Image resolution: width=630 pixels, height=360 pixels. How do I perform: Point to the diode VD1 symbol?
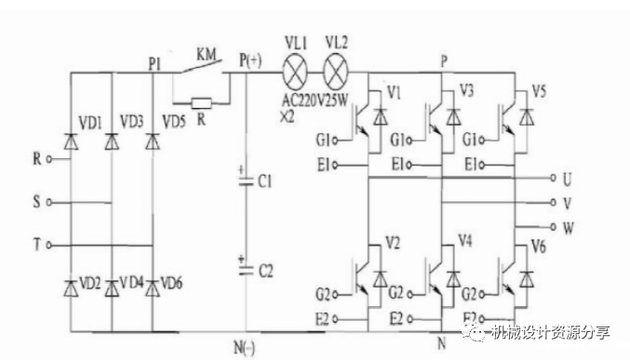pos(71,141)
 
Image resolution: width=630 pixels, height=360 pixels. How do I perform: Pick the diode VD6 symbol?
pos(152,283)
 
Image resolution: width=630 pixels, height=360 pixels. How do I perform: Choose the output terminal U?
pos(556,177)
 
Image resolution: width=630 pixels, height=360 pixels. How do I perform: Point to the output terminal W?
pos(556,226)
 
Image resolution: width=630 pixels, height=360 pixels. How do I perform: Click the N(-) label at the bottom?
pos(244,347)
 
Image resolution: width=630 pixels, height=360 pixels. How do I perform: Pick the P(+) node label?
pos(250,60)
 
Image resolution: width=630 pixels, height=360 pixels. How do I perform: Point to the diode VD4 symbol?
pos(112,283)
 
